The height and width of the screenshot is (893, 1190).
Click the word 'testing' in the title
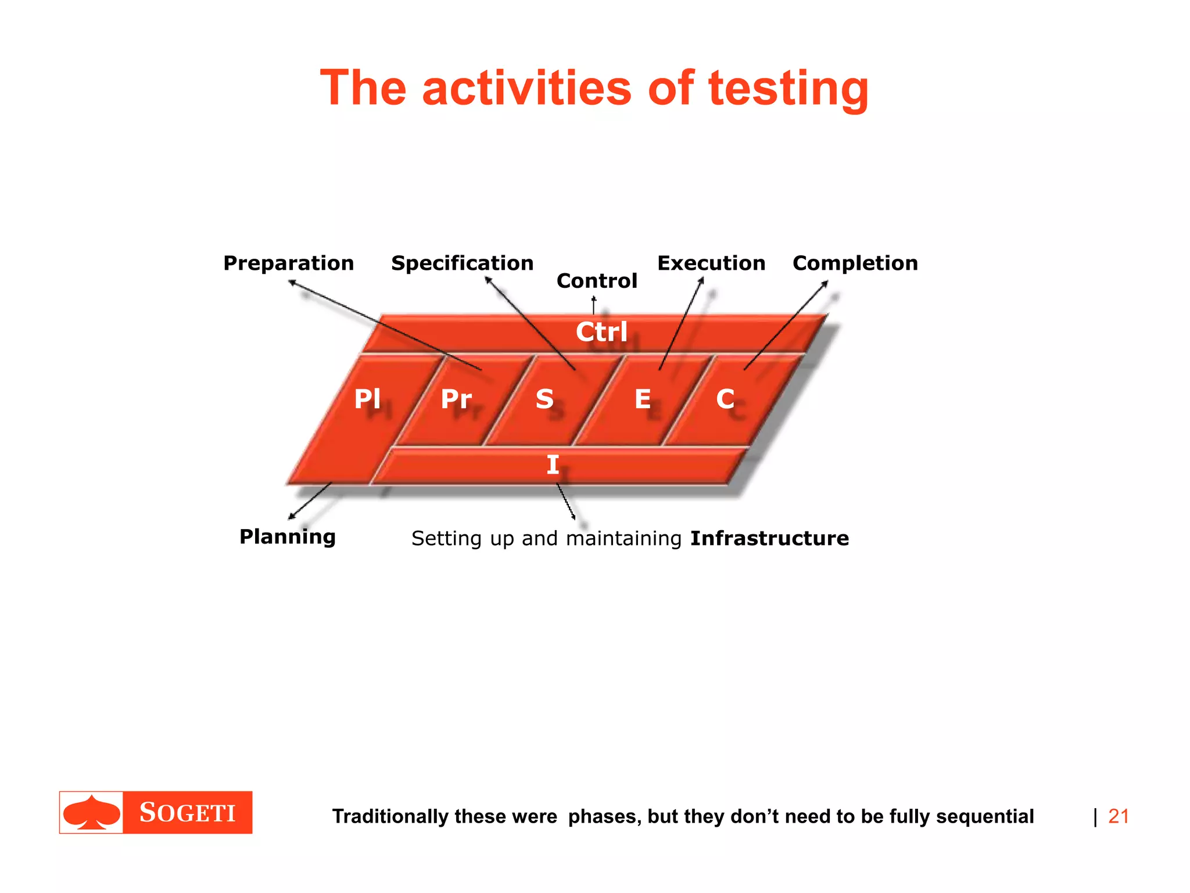tap(788, 88)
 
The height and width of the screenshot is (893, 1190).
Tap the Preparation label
tap(289, 263)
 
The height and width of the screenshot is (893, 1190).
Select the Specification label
tap(462, 263)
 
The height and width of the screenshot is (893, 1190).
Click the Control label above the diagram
tap(597, 281)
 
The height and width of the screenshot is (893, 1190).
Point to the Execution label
tap(711, 263)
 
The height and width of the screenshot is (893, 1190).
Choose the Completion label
tap(855, 263)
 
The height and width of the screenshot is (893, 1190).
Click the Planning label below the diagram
tap(288, 537)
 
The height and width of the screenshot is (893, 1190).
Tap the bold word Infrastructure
tap(769, 538)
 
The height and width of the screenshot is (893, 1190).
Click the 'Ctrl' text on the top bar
tap(601, 332)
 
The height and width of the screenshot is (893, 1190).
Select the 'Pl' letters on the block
tap(367, 399)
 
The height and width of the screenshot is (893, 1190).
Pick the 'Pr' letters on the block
tap(456, 399)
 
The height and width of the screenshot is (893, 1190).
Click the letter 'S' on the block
tap(544, 399)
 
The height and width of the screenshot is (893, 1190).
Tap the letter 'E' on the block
tap(643, 399)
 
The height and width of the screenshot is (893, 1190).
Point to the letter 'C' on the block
tap(725, 399)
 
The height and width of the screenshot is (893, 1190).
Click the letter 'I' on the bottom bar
tap(553, 465)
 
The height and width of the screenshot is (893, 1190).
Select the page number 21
tap(1118, 816)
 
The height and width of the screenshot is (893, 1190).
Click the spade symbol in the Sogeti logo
tap(91, 812)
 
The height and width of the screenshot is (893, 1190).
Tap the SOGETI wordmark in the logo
tap(187, 812)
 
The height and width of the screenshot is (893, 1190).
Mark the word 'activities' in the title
tap(526, 88)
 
